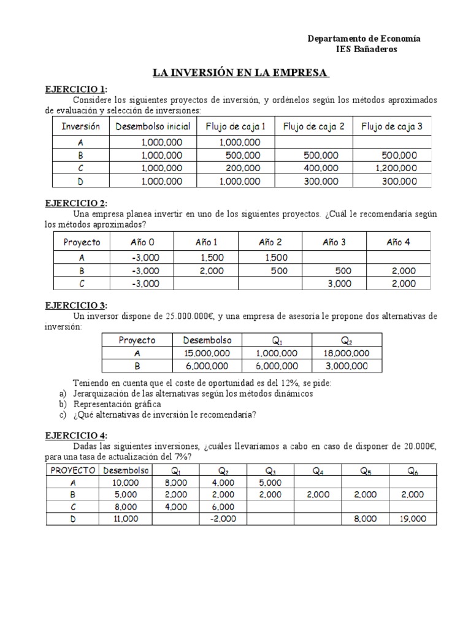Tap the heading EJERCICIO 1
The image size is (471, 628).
click(76, 89)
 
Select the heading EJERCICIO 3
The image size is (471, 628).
click(76, 305)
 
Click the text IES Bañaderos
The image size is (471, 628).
click(367, 49)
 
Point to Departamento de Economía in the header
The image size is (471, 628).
click(364, 39)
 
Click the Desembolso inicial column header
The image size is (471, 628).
click(153, 127)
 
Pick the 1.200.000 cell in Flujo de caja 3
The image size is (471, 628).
click(396, 168)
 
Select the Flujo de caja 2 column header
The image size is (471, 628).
click(313, 127)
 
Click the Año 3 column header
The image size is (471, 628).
click(334, 242)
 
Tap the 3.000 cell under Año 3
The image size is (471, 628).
click(339, 283)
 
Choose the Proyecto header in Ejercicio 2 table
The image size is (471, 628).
click(82, 242)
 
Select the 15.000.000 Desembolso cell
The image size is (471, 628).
click(207, 353)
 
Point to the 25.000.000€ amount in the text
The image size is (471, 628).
click(188, 316)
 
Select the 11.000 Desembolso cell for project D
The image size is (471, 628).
click(125, 518)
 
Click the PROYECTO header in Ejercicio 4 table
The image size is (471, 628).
click(71, 470)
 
